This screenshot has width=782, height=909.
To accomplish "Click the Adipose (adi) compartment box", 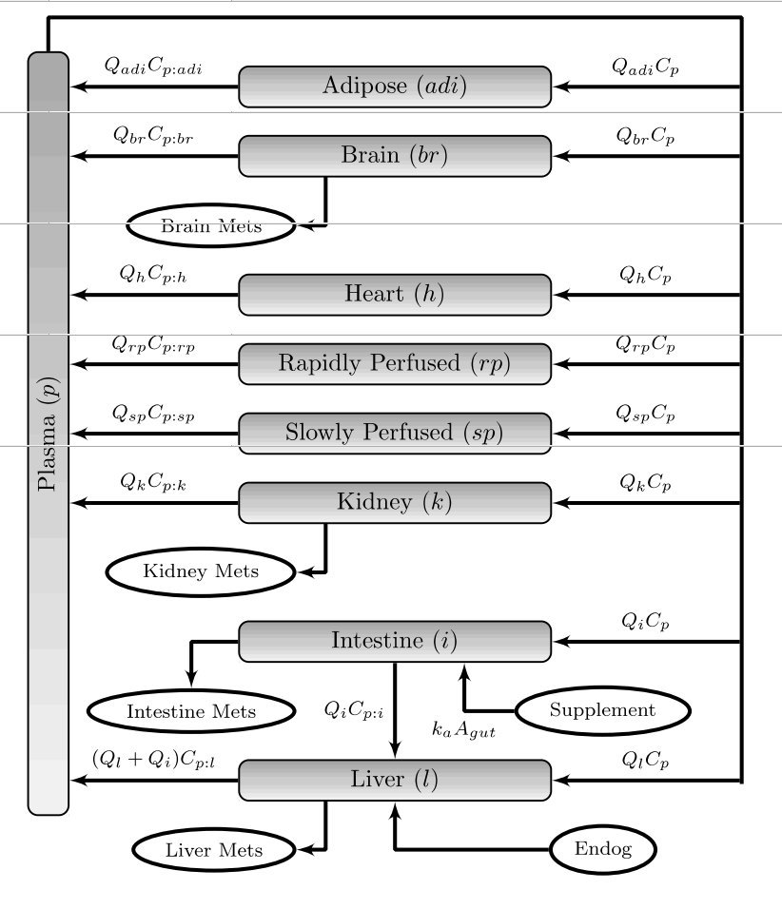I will [394, 87].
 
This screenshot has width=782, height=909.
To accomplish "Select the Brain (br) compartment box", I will [394, 156].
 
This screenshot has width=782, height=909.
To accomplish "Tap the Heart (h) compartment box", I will [394, 295].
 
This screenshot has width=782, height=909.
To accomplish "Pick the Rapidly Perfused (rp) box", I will [394, 364].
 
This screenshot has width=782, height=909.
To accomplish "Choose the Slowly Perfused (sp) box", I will [394, 434].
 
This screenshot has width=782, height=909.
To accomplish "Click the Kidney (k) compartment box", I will [394, 503].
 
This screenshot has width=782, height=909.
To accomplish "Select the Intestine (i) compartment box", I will [394, 642].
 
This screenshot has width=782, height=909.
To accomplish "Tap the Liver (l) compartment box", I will [394, 781].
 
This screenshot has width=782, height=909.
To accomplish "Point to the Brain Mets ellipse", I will [210, 226].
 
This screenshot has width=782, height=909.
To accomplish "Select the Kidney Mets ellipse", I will [201, 571].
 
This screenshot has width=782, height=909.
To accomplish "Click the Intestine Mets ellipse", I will [191, 711].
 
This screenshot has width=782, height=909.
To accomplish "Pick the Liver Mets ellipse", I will [214, 850].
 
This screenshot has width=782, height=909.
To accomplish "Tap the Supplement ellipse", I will [602, 710].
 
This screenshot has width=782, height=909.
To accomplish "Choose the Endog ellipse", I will [603, 849].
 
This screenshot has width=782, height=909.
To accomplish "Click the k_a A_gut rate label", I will [463, 730].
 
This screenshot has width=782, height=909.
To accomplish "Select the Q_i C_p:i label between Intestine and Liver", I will [354, 709].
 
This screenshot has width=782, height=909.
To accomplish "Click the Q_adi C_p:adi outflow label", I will [153, 67].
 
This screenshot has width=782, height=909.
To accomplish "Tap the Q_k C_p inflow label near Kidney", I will [646, 483].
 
